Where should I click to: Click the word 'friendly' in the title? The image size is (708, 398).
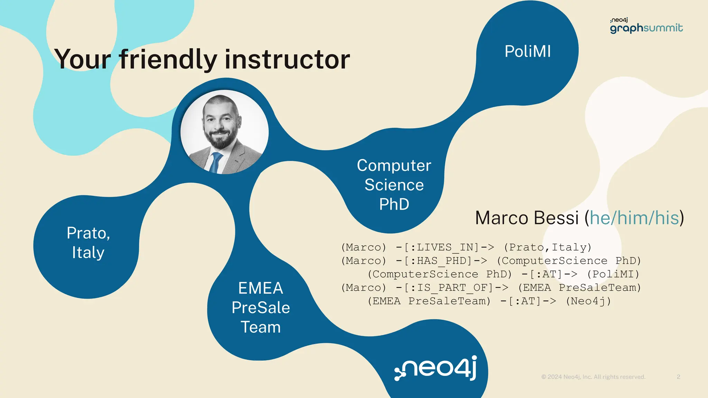pos(168,59)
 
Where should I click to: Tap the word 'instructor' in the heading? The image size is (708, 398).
pos(287,59)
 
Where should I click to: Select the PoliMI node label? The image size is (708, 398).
pos(528,51)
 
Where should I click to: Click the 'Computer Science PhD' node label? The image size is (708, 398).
pos(394,185)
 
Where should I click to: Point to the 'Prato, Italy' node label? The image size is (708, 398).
pos(88,243)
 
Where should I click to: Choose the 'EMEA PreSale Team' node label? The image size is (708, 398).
pos(261,307)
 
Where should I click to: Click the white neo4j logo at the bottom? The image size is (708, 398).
pos(436,368)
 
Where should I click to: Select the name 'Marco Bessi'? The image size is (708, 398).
pos(527,218)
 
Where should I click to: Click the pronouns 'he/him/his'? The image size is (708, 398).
pos(634,218)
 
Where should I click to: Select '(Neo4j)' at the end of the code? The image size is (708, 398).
pos(588,301)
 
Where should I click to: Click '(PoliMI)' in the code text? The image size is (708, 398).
pos(613,274)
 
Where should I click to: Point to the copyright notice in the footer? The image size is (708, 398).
pos(593,377)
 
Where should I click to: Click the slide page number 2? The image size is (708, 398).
pos(679,377)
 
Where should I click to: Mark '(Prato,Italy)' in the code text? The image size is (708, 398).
pos(548,247)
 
